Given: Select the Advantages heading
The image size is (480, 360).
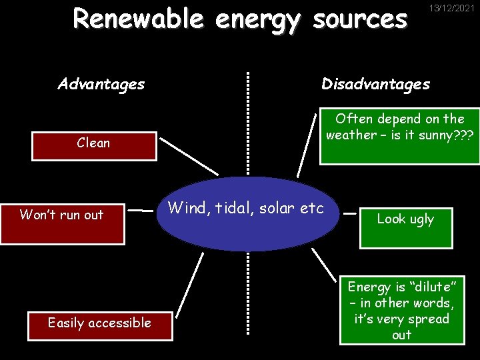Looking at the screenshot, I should coord(101,84).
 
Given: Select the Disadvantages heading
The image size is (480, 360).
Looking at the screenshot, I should coord(375,84).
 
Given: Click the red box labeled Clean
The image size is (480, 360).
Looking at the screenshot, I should coord(94,145).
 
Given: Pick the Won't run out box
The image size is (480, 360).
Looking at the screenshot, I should coord(62,223).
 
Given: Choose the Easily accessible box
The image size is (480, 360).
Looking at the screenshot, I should coord(100,324).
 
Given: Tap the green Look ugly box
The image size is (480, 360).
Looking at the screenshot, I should coord(405,227).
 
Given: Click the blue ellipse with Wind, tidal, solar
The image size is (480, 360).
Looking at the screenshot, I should coord(247,220).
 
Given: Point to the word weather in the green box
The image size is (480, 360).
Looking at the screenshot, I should coord(350,135).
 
